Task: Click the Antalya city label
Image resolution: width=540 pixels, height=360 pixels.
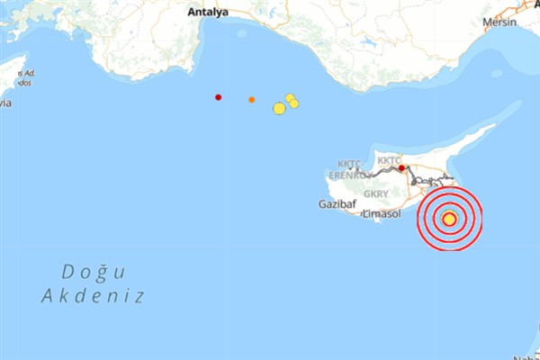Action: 209,13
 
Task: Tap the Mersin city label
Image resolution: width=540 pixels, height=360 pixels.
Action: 501,22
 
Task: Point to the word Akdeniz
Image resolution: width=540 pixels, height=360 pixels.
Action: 93,295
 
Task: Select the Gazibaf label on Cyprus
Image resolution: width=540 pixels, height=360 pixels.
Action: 337,204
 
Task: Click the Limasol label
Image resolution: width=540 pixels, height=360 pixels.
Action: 380,212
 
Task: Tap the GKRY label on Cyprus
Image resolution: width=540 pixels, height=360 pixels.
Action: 376,193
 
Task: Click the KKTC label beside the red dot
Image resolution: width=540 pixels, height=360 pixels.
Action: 389,160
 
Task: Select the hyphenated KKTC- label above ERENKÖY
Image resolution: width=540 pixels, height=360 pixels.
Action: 349,164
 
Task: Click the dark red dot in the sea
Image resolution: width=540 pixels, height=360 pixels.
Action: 218,97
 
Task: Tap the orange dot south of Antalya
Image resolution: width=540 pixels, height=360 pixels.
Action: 251,99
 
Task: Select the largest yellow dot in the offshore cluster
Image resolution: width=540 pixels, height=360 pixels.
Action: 279,109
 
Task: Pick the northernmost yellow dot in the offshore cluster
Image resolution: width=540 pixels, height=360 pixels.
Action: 290,97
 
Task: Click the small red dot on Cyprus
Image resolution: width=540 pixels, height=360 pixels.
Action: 401,167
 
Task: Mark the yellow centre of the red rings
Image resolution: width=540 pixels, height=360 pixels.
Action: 449,218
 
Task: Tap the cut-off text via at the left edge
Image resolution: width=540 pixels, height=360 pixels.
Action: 5,103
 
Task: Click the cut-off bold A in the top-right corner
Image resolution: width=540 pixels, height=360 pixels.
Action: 536,4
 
